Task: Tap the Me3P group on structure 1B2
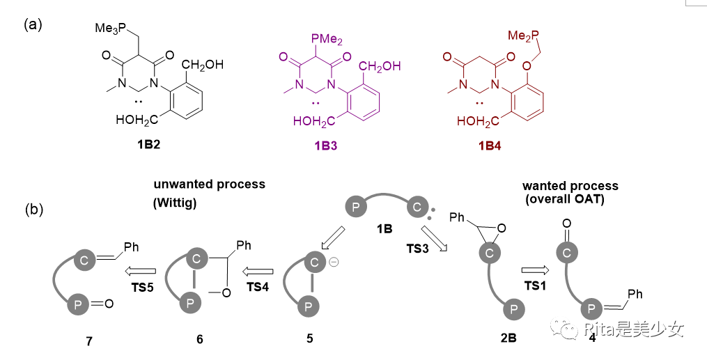[x=111, y=27]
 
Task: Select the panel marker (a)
[x=33, y=25]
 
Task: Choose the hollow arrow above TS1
[x=536, y=269]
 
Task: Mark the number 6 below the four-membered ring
[x=200, y=339]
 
